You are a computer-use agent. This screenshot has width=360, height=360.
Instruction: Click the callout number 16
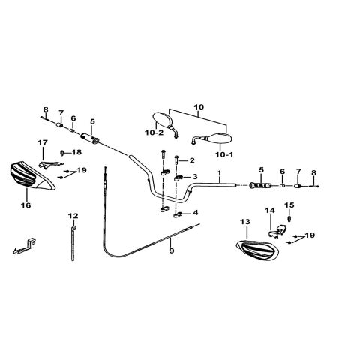tap(26, 205)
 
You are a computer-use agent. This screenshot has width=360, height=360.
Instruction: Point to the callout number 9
tap(172, 250)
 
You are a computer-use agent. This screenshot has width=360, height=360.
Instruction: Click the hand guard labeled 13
tap(257, 250)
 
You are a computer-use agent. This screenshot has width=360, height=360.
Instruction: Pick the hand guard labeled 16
tap(31, 176)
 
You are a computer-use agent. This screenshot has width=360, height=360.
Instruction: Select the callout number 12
tap(73, 215)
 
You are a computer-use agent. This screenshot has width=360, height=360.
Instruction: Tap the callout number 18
tap(76, 152)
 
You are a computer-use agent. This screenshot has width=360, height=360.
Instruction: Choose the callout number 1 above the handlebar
tap(219, 172)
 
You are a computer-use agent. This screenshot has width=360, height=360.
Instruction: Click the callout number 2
tap(192, 160)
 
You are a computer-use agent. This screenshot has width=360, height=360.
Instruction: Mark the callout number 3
tap(195, 177)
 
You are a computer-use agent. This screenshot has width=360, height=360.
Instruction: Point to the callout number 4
tap(195, 213)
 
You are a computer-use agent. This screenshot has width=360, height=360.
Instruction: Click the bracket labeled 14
tap(277, 232)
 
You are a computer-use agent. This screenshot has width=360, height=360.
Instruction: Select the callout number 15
tap(289, 205)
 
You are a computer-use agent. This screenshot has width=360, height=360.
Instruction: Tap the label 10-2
tap(154, 133)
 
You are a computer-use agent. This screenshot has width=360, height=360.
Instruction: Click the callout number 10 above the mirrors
tap(199, 107)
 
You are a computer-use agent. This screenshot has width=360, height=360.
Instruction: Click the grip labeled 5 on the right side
tap(261, 185)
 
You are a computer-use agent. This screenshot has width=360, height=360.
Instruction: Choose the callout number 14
tap(270, 211)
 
